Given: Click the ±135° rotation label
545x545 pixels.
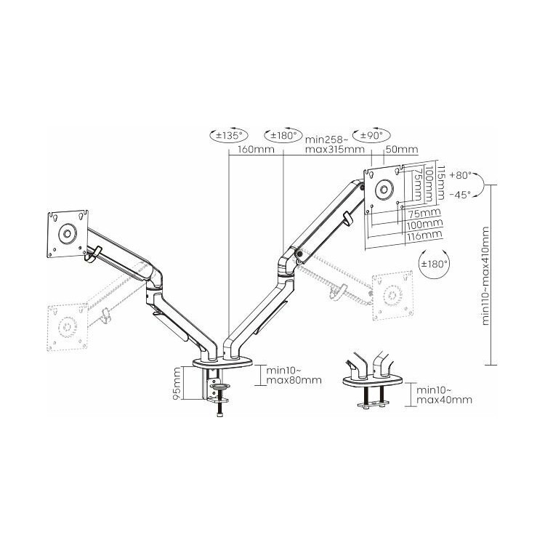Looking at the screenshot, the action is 228,135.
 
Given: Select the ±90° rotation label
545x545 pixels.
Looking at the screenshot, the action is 371,135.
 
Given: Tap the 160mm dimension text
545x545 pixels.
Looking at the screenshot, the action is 256,150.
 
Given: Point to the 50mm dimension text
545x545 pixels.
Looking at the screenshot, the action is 402,149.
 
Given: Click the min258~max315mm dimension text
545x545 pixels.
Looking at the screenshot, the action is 335,145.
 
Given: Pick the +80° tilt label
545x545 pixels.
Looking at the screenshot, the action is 460,175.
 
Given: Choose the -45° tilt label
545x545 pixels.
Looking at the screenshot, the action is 460,195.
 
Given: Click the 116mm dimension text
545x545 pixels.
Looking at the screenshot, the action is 424,235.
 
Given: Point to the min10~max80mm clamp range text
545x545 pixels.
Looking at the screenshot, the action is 294,375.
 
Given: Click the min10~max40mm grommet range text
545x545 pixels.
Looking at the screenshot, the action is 444,395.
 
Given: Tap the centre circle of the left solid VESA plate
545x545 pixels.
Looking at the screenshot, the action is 67,233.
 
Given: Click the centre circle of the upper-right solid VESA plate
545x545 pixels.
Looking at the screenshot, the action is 384,190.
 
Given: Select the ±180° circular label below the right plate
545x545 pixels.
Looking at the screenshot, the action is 434,264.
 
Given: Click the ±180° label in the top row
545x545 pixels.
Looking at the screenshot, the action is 283,135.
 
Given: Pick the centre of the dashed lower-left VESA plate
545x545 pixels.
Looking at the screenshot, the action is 67,327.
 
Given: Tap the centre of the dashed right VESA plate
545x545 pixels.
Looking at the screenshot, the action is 392,296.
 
